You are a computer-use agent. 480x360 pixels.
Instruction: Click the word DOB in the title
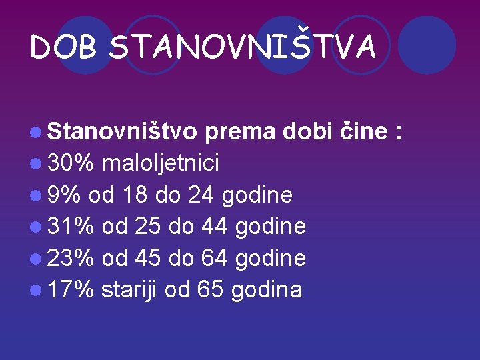click(65, 48)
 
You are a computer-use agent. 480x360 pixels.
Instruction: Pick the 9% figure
click(64, 195)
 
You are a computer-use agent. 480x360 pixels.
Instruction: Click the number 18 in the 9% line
click(133, 195)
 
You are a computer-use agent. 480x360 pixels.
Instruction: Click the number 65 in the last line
click(212, 289)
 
